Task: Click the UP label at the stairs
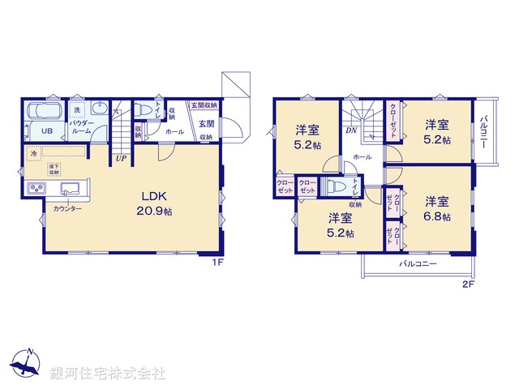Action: coord(120,158)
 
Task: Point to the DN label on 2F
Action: coord(351,130)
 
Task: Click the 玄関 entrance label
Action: coord(206,124)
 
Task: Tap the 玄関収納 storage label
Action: coord(204,105)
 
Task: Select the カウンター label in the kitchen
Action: coord(67,209)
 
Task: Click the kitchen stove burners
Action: coord(37,190)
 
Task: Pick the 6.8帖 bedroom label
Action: coord(438,209)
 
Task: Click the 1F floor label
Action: coord(217,262)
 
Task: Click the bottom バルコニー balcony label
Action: coord(418,265)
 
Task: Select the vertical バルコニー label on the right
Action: coord(483,134)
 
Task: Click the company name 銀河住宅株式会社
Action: coord(108,374)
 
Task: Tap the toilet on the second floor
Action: coord(334,187)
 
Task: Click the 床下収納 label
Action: coord(54,169)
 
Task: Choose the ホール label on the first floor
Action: coord(174,130)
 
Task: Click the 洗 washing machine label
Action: coord(76,109)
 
